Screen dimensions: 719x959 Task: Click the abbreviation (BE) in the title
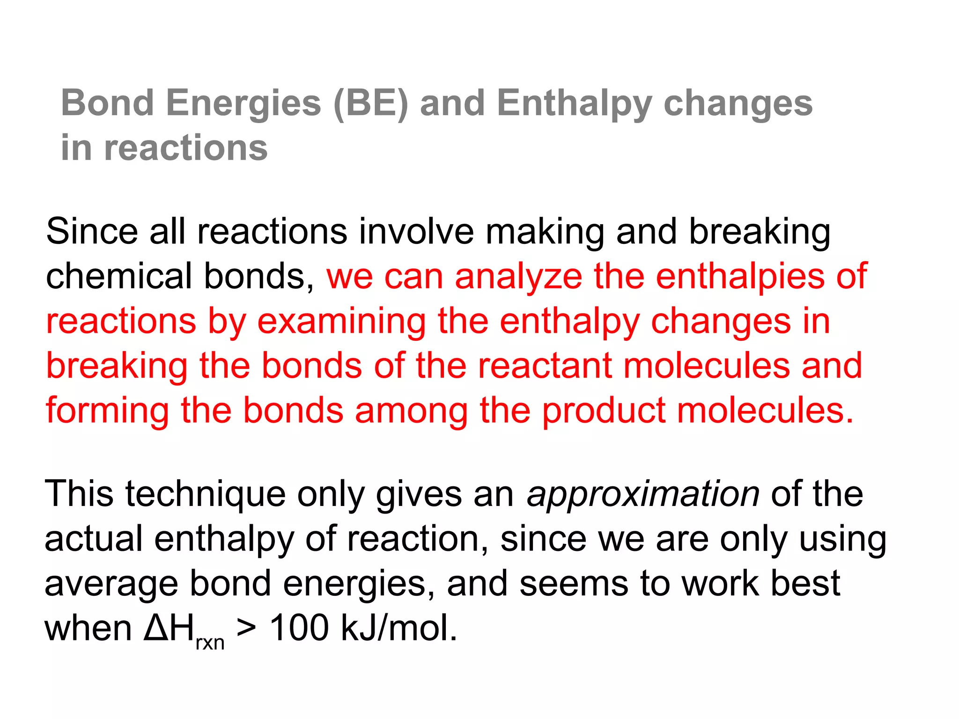point(370,104)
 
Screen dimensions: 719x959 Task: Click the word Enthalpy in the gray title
point(574,104)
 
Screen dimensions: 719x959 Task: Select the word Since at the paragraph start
point(92,231)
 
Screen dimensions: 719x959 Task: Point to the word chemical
point(119,276)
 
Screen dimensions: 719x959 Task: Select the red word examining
point(341,322)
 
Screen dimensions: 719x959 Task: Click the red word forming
point(107,411)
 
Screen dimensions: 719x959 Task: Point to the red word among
point(411,411)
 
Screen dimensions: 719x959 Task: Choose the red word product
point(604,411)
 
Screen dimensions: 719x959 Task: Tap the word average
point(111,584)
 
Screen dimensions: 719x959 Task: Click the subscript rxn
point(210,643)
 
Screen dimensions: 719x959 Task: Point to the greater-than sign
point(246,628)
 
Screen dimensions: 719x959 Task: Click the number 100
point(299,628)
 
